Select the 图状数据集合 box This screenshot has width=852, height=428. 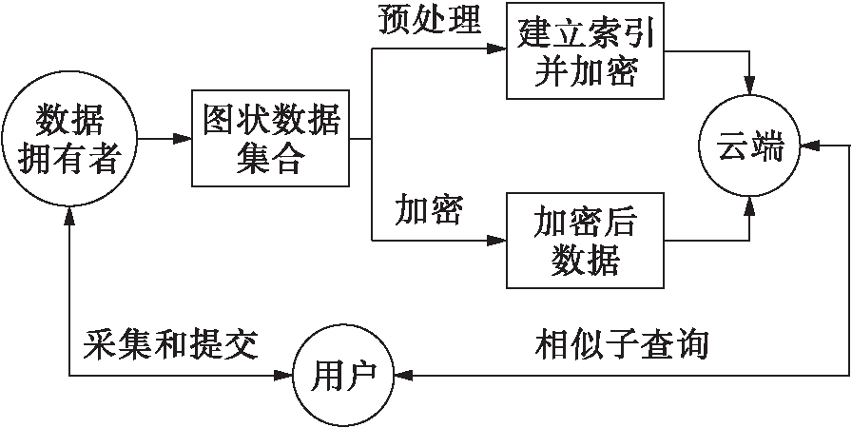pos(270,139)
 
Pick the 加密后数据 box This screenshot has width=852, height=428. pos(584,241)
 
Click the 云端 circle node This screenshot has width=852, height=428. pos(750,145)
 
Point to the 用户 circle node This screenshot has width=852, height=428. pos(343,376)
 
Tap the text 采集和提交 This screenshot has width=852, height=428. pos(171,343)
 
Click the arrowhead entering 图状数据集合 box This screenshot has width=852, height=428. pos(184,139)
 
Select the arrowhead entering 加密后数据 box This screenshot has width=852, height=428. pos(499,241)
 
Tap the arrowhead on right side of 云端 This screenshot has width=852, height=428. pos(806,145)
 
